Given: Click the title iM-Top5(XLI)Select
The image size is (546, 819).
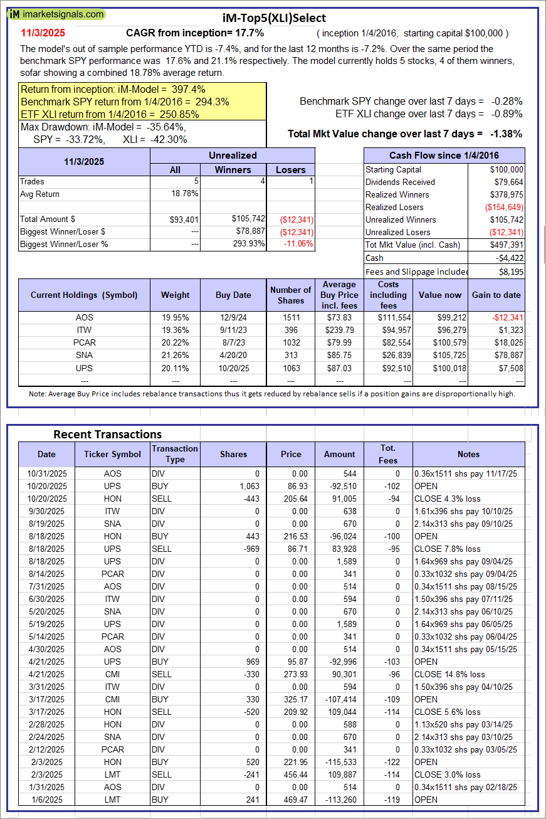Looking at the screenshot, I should [x=273, y=18].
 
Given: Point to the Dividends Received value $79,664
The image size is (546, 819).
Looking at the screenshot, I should [x=506, y=182].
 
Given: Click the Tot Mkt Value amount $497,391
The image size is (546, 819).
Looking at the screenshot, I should [x=505, y=245].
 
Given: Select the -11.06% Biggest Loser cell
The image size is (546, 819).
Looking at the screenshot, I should [x=298, y=244].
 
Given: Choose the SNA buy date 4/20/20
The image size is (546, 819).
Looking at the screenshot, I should [x=233, y=355].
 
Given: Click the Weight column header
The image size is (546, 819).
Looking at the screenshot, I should [x=175, y=295].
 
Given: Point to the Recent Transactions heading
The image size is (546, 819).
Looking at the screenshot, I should [x=107, y=434].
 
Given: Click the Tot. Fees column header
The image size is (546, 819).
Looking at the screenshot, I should [x=388, y=454].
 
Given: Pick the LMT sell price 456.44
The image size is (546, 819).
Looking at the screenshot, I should [x=290, y=774].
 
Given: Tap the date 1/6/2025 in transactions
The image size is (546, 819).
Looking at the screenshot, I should [x=46, y=800].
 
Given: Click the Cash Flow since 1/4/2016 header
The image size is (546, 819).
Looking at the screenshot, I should [x=444, y=156].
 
